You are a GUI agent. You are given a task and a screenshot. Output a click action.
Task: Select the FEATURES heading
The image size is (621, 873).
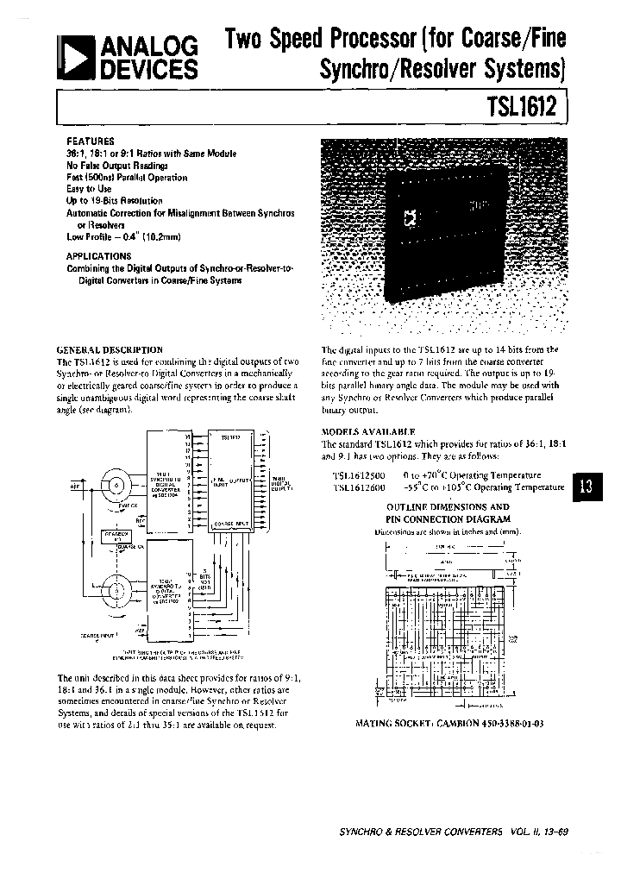click(91, 140)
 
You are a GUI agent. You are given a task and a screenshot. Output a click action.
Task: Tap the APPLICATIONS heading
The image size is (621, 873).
click(98, 256)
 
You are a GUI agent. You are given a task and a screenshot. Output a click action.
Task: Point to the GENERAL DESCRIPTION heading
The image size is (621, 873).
click(110, 349)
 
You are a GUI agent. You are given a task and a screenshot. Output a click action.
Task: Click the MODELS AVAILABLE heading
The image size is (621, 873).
click(368, 430)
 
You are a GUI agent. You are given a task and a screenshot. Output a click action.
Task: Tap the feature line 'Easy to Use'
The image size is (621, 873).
click(89, 189)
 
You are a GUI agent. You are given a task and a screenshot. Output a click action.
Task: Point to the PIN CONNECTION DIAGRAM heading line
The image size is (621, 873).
click(448, 519)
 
